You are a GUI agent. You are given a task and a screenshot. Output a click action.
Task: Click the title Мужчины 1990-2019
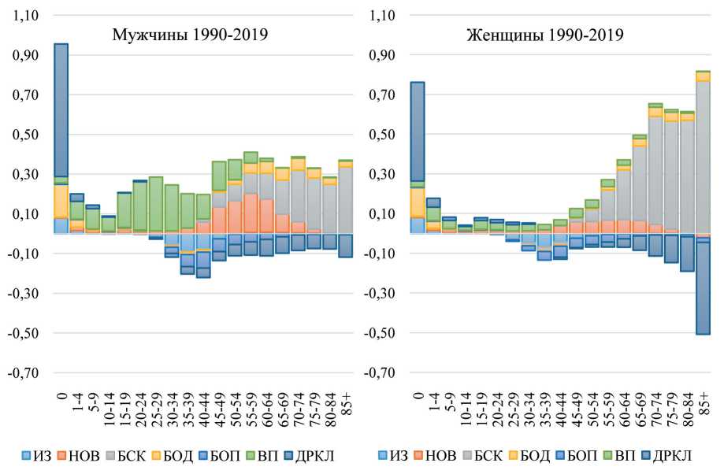pyautogui.click(x=190, y=35)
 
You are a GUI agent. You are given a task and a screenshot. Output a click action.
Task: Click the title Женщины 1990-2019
pyautogui.click(x=545, y=35)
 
